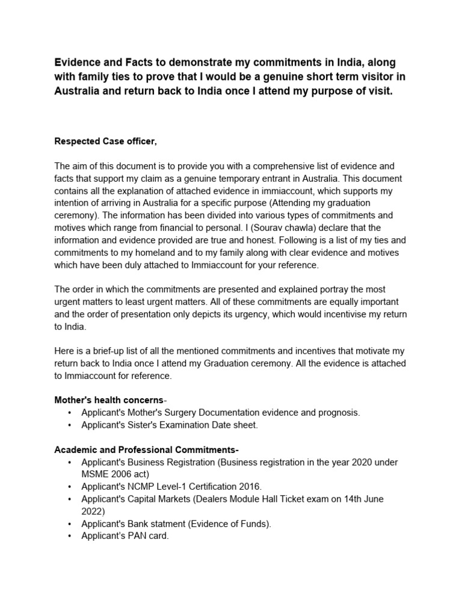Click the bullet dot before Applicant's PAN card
[x=70, y=535]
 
